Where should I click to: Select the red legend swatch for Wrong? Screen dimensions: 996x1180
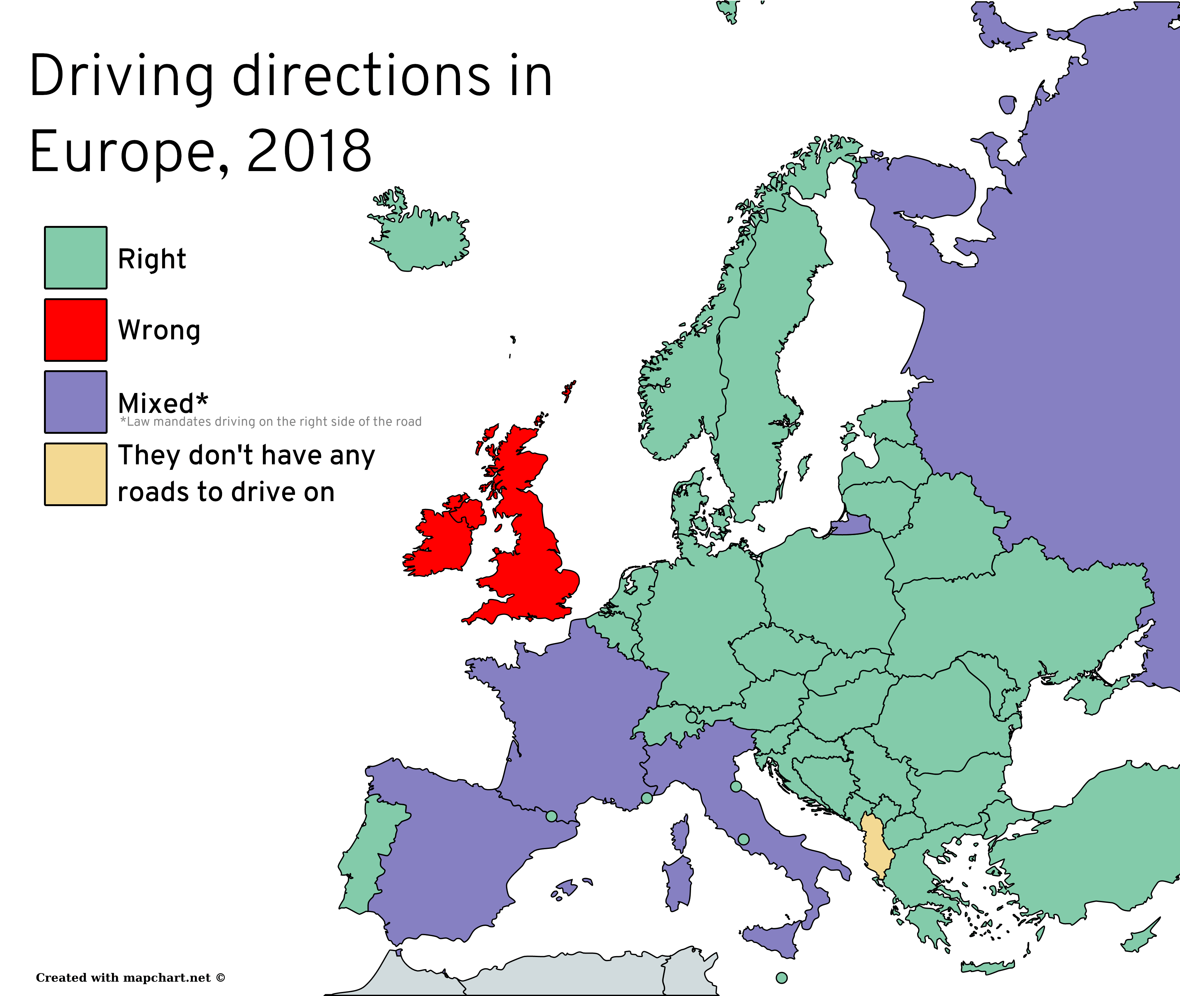[x=76, y=330]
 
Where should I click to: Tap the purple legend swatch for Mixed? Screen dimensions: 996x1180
[x=76, y=401]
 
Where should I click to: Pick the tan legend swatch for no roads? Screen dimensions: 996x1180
[x=76, y=474]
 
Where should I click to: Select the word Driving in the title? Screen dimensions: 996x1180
[x=121, y=76]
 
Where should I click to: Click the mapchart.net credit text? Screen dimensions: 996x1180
[x=130, y=977]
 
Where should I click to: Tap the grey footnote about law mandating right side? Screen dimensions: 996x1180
[x=271, y=422]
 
